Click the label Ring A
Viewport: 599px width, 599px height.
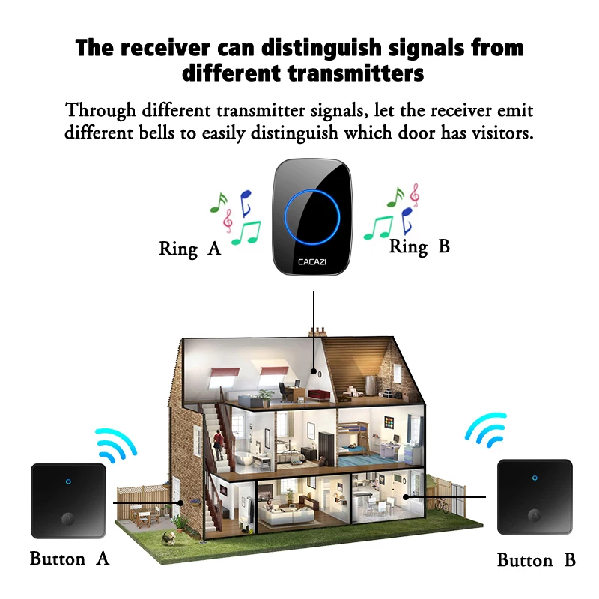[x=190, y=249]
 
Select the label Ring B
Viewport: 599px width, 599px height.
[x=419, y=246]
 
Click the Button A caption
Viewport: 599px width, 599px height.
[x=70, y=559]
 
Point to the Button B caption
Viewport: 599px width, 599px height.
[x=535, y=560]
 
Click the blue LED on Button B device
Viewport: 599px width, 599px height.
[x=535, y=476]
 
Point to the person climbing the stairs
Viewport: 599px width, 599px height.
[x=219, y=447]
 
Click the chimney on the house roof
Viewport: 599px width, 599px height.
[x=315, y=329]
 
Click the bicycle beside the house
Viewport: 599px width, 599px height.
[x=442, y=503]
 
